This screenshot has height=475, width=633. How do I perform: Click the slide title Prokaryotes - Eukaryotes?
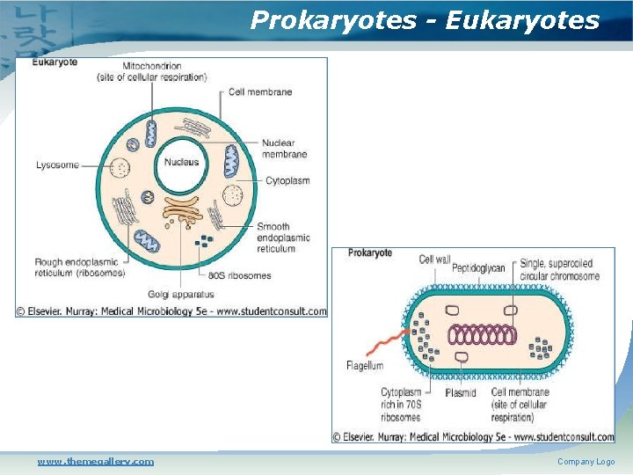(425, 20)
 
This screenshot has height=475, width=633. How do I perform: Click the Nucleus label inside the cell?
(181, 162)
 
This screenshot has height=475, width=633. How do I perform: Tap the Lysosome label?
(57, 164)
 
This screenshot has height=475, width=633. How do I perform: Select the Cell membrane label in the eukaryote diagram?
(260, 91)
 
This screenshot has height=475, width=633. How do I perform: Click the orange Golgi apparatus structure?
(182, 208)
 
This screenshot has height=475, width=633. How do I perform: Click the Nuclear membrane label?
(284, 149)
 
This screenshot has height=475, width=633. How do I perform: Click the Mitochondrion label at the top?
(152, 71)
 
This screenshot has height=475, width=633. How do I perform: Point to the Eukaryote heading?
(55, 62)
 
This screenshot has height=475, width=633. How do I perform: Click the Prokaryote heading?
(370, 253)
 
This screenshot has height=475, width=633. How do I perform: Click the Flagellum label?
(365, 365)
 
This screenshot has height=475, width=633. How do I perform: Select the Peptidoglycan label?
(478, 267)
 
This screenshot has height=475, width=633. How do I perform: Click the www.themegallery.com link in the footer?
(95, 461)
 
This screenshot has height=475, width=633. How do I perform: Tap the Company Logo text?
(586, 462)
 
